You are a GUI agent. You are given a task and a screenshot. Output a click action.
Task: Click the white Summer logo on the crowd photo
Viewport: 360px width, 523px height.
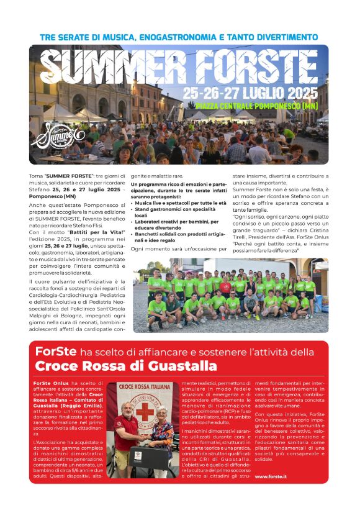pos(54,133)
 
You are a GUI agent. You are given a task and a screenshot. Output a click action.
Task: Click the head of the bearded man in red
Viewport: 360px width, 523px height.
pos(127,411)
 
